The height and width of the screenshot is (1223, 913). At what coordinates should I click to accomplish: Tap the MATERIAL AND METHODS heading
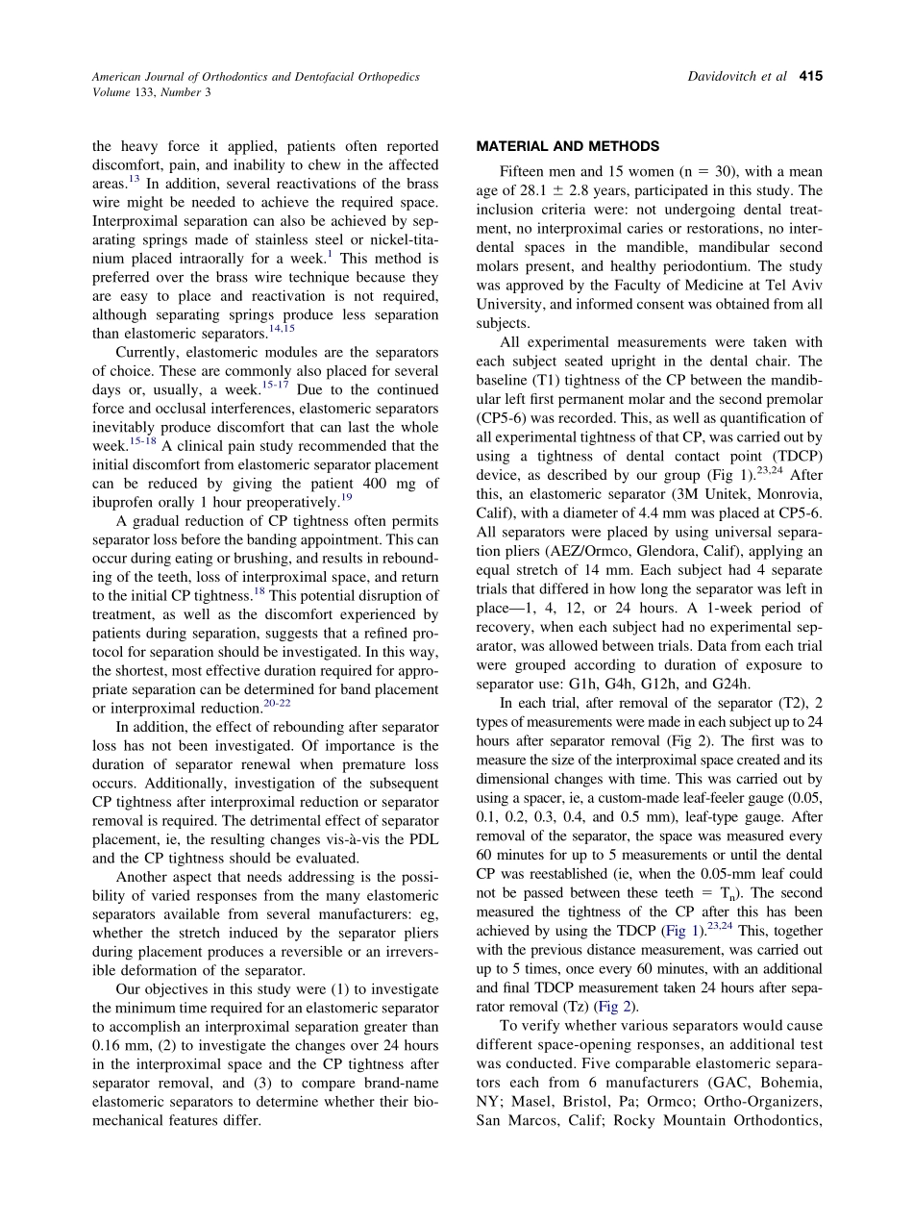click(568, 146)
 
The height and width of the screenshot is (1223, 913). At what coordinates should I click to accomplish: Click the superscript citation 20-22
click(277, 704)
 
